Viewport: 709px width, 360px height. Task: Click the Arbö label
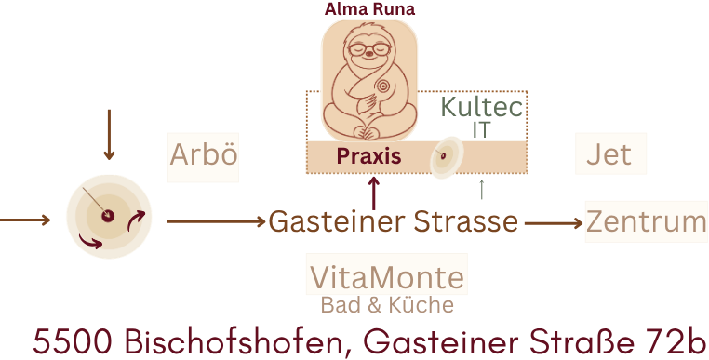pyautogui.click(x=204, y=154)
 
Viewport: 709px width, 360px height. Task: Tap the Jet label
pyautogui.click(x=609, y=154)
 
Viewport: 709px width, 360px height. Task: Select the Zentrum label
pyautogui.click(x=647, y=221)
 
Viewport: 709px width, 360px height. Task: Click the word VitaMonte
pyautogui.click(x=387, y=277)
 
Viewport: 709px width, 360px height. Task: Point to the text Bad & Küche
pyautogui.click(x=387, y=305)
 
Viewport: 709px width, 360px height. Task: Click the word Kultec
pyautogui.click(x=482, y=107)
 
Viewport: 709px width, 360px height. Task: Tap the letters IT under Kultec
pyautogui.click(x=481, y=130)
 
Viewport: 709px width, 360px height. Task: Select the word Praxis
pyautogui.click(x=369, y=156)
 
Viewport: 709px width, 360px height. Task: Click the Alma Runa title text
pyautogui.click(x=369, y=9)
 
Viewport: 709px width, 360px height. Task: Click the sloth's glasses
pyautogui.click(x=369, y=49)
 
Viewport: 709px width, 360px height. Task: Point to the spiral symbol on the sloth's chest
pyautogui.click(x=383, y=86)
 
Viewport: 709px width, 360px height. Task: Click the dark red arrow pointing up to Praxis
pyautogui.click(x=373, y=193)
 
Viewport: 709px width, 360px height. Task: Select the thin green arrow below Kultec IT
pyautogui.click(x=482, y=190)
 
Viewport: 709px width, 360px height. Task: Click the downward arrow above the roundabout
pyautogui.click(x=109, y=135)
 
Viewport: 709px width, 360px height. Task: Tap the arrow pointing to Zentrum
pyautogui.click(x=554, y=223)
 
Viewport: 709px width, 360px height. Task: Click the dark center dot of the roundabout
pyautogui.click(x=108, y=216)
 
